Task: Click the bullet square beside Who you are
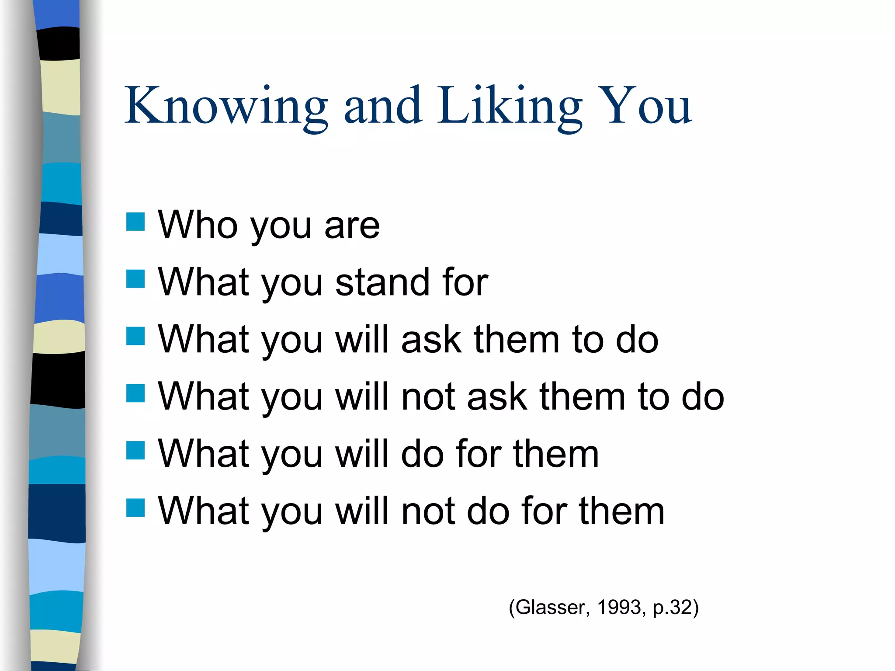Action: pyautogui.click(x=135, y=222)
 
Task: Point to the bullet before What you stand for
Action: pyautogui.click(x=135, y=279)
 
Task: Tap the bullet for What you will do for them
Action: pyautogui.click(x=135, y=450)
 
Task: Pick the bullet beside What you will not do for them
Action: pyautogui.click(x=135, y=508)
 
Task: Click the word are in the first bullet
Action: pyautogui.click(x=352, y=226)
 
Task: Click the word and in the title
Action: pyautogui.click(x=383, y=106)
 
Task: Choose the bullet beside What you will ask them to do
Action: pyautogui.click(x=135, y=336)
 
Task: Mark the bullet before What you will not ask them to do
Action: pyautogui.click(x=135, y=393)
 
